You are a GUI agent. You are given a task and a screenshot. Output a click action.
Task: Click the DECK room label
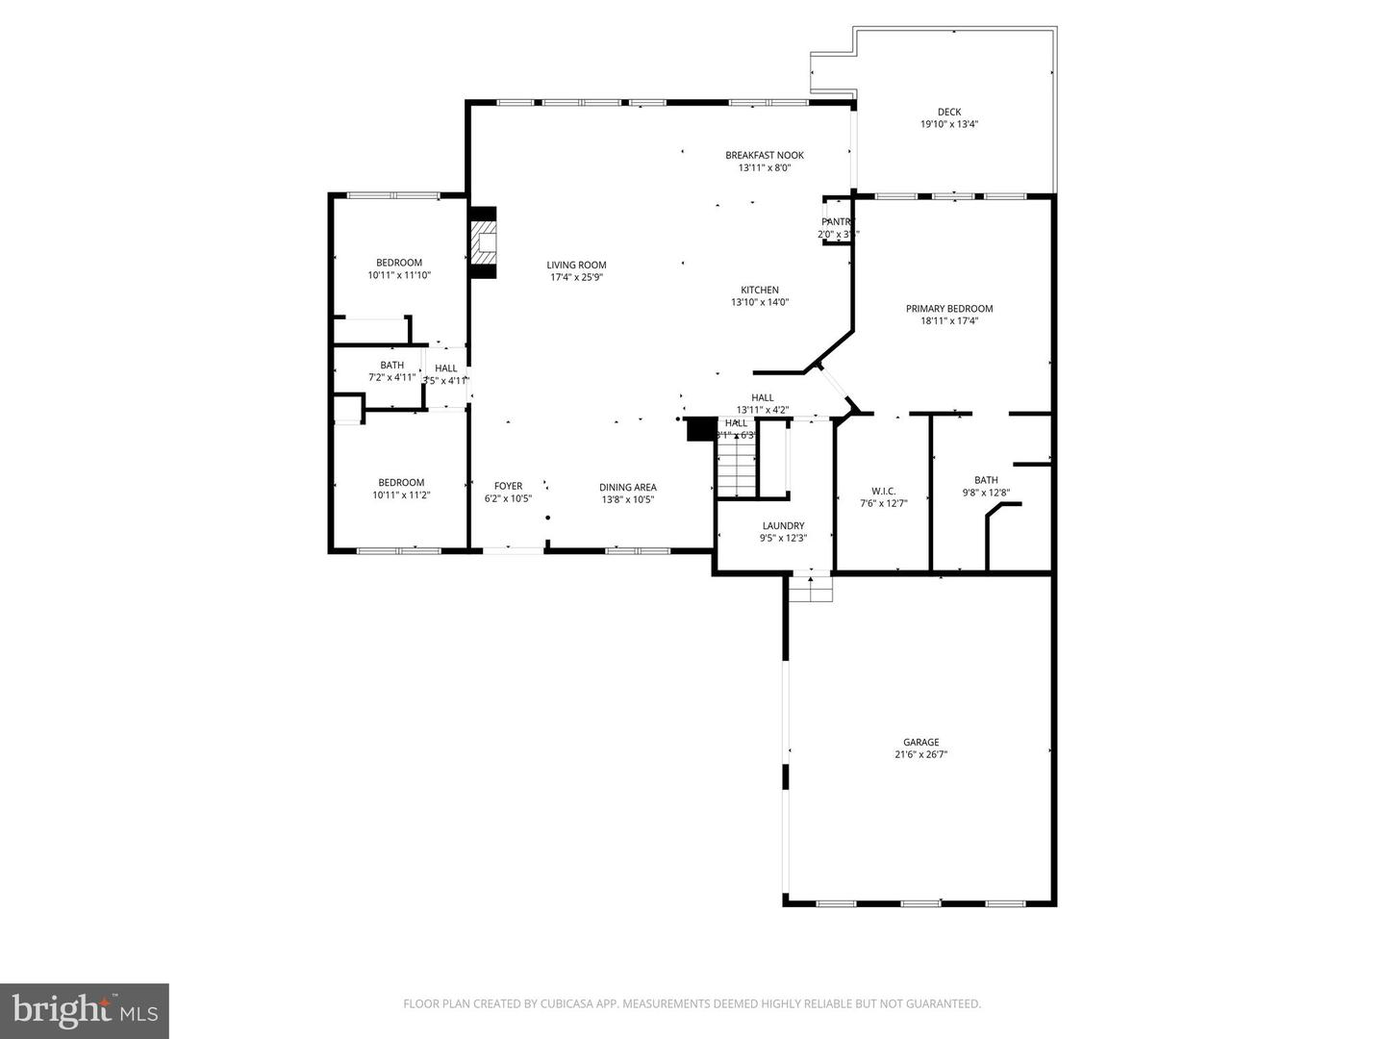pos(948,112)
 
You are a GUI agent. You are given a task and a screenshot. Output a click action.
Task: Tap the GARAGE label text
pos(920,742)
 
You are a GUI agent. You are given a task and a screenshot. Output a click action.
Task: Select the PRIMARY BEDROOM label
pos(948,309)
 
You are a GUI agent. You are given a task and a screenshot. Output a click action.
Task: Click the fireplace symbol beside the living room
pos(483,243)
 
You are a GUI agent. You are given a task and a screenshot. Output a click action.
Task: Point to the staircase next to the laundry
pos(737,468)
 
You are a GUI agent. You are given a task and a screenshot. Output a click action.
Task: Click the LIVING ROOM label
pos(576,266)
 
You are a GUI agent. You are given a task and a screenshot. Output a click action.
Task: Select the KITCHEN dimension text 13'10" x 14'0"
pos(760,302)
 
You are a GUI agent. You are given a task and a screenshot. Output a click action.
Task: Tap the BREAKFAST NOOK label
pos(764,155)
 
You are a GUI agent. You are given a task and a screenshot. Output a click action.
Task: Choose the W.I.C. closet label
pos(883,491)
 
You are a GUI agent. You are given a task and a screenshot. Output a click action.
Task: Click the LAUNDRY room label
pos(783,525)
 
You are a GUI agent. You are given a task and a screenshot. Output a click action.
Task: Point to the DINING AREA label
pos(627,487)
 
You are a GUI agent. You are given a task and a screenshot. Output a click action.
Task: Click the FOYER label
pos(508,486)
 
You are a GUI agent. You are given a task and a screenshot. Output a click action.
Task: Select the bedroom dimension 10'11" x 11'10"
pos(399,275)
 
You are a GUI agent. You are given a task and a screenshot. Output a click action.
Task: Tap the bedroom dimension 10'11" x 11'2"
pos(401,495)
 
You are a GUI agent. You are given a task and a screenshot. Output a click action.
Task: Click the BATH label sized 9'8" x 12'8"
pos(986,480)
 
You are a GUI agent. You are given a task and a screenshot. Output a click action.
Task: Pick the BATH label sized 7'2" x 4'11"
pos(391,365)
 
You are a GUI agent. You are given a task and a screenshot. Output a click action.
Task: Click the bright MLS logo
pos(85,1010)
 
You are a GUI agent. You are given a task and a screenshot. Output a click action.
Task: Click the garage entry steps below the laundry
pos(811,588)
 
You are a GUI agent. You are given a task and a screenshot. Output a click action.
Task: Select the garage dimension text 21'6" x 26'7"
pos(920,754)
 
